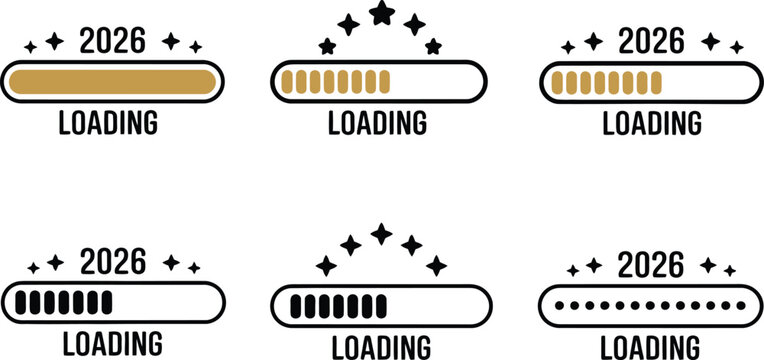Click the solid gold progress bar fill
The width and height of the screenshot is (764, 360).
pyautogui.click(x=110, y=81)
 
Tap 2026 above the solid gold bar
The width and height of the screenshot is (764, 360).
pyautogui.click(x=111, y=41)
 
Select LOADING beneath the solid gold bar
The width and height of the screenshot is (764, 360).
pyautogui.click(x=108, y=123)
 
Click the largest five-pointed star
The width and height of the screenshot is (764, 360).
pyautogui.click(x=381, y=13)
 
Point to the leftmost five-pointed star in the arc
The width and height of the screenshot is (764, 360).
pyautogui.click(x=326, y=46)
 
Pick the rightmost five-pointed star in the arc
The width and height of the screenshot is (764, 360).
pyautogui.click(x=433, y=46)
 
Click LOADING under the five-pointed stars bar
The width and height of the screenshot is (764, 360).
pyautogui.click(x=378, y=123)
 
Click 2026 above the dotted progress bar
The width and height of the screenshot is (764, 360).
pyautogui.click(x=651, y=265)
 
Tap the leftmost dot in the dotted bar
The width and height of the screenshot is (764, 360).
pyautogui.click(x=558, y=302)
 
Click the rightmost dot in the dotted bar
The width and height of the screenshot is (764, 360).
pyautogui.click(x=741, y=302)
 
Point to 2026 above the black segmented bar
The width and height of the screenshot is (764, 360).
pyautogui.click(x=111, y=263)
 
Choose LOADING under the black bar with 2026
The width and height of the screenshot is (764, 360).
pyautogui.click(x=110, y=343)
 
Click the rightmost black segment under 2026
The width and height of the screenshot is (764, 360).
pyautogui.click(x=105, y=301)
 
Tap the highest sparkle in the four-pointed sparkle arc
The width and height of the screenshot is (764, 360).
pyautogui.click(x=381, y=234)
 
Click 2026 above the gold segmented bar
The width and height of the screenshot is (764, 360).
pyautogui.click(x=651, y=41)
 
